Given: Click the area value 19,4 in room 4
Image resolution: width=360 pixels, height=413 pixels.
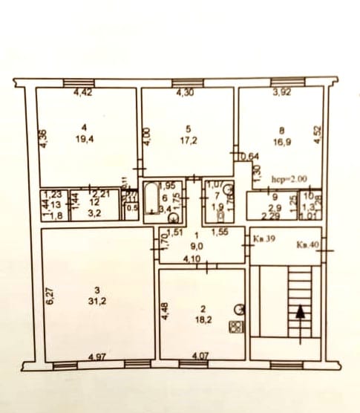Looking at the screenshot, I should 88,138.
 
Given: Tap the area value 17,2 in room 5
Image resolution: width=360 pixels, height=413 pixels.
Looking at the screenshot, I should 189,139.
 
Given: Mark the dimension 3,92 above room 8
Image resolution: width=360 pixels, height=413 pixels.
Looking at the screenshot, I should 281,94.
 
